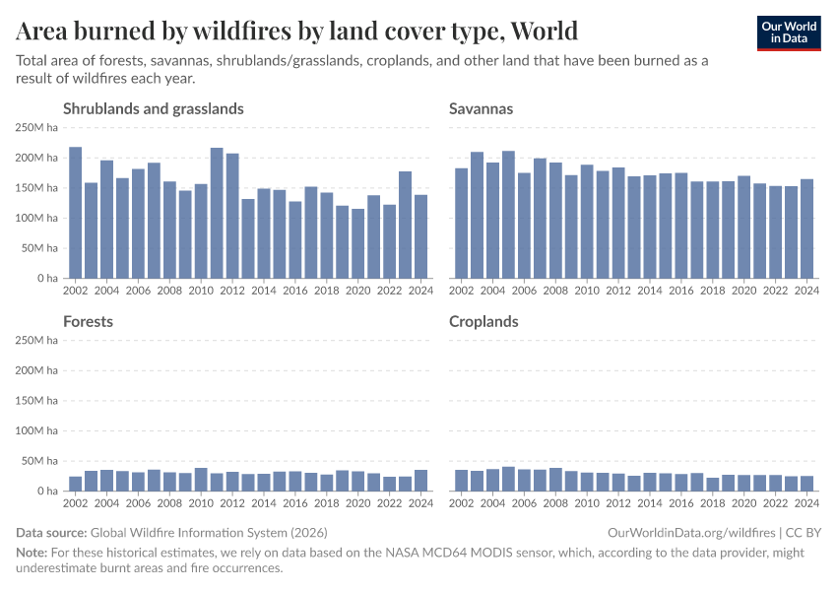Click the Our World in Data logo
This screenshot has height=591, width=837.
[788, 33]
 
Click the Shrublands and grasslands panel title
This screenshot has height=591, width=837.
[153, 108]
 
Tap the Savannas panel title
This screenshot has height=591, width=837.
[481, 108]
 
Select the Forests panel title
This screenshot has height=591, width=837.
[88, 321]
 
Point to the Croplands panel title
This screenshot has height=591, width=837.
[483, 321]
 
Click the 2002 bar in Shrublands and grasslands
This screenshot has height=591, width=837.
[76, 213]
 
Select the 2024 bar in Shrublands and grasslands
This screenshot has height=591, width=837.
[421, 236]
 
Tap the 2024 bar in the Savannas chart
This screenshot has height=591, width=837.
[807, 229]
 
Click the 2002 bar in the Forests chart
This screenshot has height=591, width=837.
[76, 484]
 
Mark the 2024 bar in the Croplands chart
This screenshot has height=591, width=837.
[807, 484]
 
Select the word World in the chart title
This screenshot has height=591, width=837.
[542, 32]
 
